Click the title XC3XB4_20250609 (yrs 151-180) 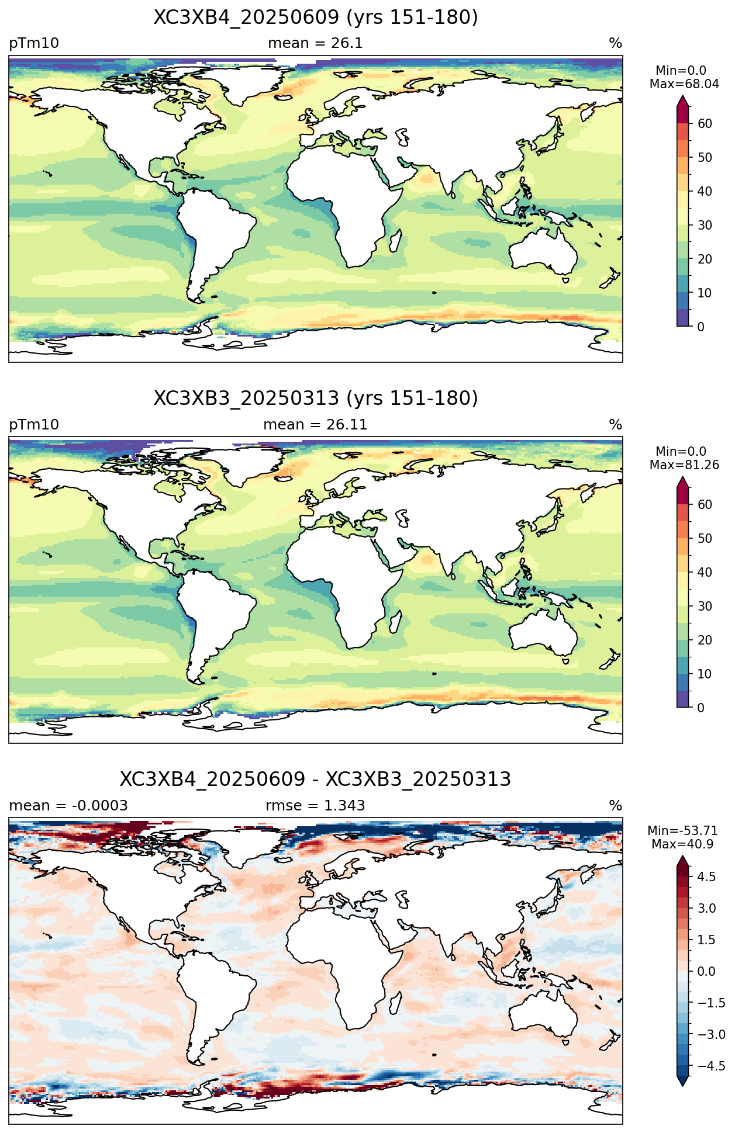pos(316,18)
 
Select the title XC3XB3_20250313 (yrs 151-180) pos(316,399)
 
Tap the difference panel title pos(316,779)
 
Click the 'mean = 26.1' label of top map pos(315,43)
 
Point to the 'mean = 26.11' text pos(315,425)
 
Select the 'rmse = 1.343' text pos(315,806)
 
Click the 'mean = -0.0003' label pos(68,806)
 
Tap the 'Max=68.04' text pos(684,84)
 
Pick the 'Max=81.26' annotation pos(684,465)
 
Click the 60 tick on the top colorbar pos(705,123)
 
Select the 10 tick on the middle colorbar pos(705,674)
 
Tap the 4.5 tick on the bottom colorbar pos(706,876)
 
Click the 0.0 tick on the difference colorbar pos(706,971)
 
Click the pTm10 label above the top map pos(34,44)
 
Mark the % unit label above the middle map pos(616,425)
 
